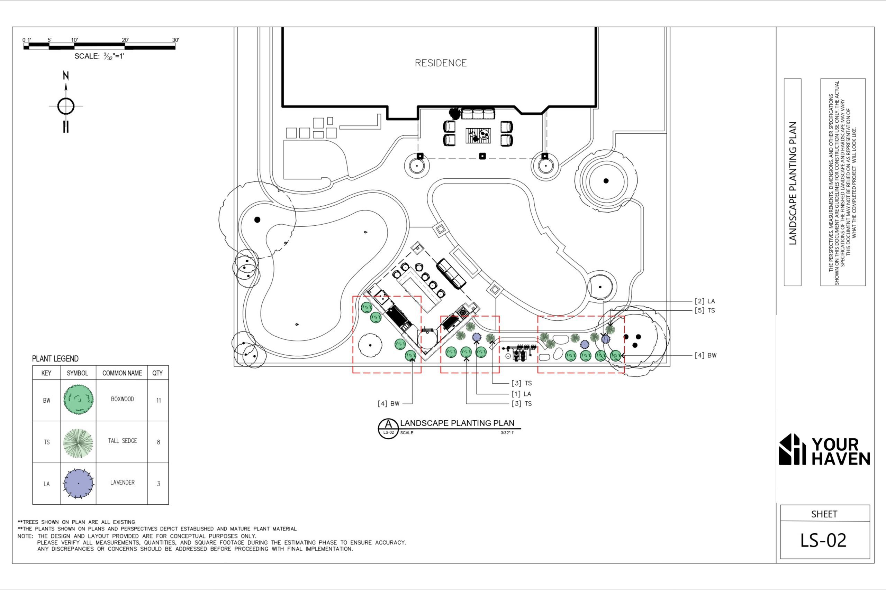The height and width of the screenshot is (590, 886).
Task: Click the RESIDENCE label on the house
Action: (x=441, y=63)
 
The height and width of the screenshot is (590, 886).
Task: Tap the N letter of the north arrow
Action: (x=66, y=76)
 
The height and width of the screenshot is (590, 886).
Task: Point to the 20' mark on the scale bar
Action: (x=125, y=40)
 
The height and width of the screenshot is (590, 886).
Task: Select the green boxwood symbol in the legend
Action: (x=78, y=400)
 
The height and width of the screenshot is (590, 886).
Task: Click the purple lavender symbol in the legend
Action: (x=78, y=484)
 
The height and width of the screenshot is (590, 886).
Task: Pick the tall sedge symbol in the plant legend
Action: (x=78, y=442)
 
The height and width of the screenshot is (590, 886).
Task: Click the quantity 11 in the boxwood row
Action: (x=159, y=400)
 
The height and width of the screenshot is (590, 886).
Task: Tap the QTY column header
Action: (x=157, y=373)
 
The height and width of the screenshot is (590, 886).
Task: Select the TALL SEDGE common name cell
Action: (x=123, y=441)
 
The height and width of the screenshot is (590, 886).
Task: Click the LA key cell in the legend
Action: (x=46, y=484)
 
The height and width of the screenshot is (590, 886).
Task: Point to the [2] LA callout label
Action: (x=705, y=301)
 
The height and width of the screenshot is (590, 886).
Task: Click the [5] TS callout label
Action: (x=705, y=310)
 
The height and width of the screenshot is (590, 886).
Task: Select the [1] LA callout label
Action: (x=521, y=394)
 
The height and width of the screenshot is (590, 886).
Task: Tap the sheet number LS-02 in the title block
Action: (x=823, y=540)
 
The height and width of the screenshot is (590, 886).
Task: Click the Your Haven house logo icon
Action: (x=792, y=449)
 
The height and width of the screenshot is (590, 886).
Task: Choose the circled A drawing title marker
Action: (x=388, y=428)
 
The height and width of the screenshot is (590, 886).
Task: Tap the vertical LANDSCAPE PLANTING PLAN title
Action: (x=793, y=183)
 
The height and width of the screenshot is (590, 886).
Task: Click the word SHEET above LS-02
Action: (x=824, y=514)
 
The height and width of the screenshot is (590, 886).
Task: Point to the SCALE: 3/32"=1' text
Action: (x=99, y=56)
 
